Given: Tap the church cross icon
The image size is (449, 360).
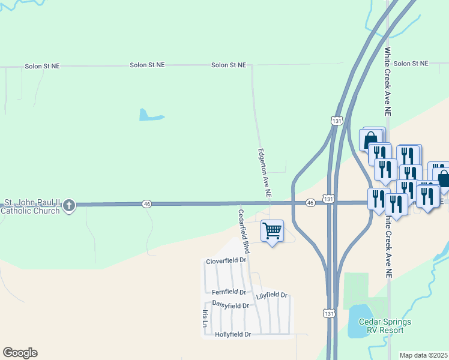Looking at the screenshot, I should pos(69,206).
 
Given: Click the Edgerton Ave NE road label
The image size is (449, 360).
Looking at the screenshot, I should pos(265,174).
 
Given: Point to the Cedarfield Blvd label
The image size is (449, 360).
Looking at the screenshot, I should pos(243,231).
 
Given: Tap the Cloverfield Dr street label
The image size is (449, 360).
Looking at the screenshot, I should pos(226,261).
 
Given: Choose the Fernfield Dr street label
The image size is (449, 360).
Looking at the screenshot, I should pos(229,292).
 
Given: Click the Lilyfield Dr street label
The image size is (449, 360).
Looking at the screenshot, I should pos(271,296).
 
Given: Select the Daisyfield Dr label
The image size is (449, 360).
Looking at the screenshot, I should pos(230,305).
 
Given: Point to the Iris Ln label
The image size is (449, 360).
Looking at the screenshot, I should pos(205,319).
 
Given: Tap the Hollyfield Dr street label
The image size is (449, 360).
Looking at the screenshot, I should pos(232,334).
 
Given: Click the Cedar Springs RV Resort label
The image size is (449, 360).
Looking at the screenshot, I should pos(385,326).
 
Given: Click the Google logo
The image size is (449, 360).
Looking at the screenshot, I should pos(20,353).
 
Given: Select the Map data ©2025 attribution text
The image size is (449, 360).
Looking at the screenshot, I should pos(423,355).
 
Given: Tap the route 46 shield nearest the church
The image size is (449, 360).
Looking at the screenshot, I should pos(147,204).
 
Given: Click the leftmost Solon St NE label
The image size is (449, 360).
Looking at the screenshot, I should pos(44,66).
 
